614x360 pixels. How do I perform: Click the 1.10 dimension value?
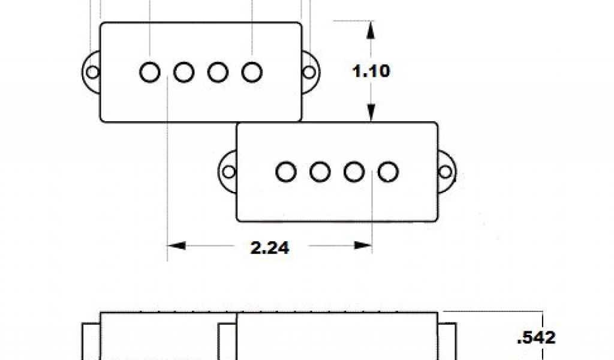(x=371, y=71)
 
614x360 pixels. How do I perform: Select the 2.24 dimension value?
(x=269, y=247)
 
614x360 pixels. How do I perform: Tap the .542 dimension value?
(x=536, y=337)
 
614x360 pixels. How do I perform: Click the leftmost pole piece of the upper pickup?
(x=150, y=72)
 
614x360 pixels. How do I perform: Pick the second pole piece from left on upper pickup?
(x=184, y=72)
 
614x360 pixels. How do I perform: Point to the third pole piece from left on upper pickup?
(x=218, y=72)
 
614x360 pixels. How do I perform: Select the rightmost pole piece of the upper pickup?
(x=252, y=72)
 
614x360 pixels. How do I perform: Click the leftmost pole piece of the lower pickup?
(x=286, y=172)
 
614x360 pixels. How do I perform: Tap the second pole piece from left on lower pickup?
(x=320, y=172)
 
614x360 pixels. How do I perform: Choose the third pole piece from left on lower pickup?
(x=354, y=172)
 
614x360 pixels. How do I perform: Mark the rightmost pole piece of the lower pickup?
(x=389, y=172)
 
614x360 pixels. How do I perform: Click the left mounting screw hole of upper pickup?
(x=92, y=73)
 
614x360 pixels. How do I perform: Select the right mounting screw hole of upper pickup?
(x=309, y=73)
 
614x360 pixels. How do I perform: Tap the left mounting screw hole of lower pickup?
(x=229, y=172)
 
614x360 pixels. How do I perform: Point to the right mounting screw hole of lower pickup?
(x=446, y=172)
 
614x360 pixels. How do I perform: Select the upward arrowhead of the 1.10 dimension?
(x=371, y=28)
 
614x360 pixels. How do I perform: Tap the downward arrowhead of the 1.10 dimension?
(x=371, y=114)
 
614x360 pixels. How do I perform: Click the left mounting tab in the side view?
(x=91, y=342)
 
